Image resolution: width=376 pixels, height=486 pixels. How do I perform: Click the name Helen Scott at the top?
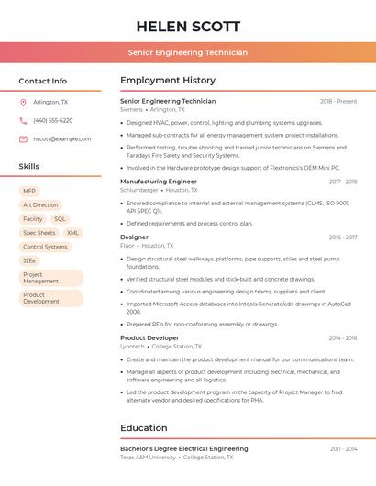coord(188,26)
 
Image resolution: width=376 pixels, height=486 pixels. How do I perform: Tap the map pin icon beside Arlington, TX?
coord(23,102)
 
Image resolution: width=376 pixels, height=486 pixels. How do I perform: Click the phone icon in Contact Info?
coord(23,120)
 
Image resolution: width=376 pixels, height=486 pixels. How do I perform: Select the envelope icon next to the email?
coord(23,138)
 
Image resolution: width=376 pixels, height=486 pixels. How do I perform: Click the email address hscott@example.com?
coord(61,138)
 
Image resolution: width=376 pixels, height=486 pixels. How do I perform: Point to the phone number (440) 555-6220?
coord(52,120)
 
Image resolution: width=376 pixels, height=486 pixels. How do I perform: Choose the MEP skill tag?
coord(29,192)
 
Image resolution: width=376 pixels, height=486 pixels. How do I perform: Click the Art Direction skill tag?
coord(40,205)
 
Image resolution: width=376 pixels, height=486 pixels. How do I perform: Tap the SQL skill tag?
coord(60,219)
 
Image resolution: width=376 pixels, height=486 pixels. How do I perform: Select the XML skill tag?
coord(72,233)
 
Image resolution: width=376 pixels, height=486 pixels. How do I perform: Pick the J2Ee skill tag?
coord(29,260)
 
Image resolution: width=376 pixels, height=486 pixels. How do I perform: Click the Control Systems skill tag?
coord(45,247)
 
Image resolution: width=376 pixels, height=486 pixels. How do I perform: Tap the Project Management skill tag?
coord(50,278)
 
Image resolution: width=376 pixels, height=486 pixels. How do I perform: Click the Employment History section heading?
coord(168,81)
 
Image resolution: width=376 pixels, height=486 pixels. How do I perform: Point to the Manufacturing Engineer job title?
coord(159,182)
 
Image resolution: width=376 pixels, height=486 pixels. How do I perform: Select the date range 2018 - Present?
coord(338,101)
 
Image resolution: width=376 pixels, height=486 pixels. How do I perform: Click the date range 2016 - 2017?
coord(343,237)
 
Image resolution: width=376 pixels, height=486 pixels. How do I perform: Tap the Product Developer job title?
coord(149,337)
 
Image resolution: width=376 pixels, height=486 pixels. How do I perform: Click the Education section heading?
coord(145,427)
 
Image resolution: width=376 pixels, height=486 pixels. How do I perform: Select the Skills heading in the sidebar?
coord(29,167)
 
